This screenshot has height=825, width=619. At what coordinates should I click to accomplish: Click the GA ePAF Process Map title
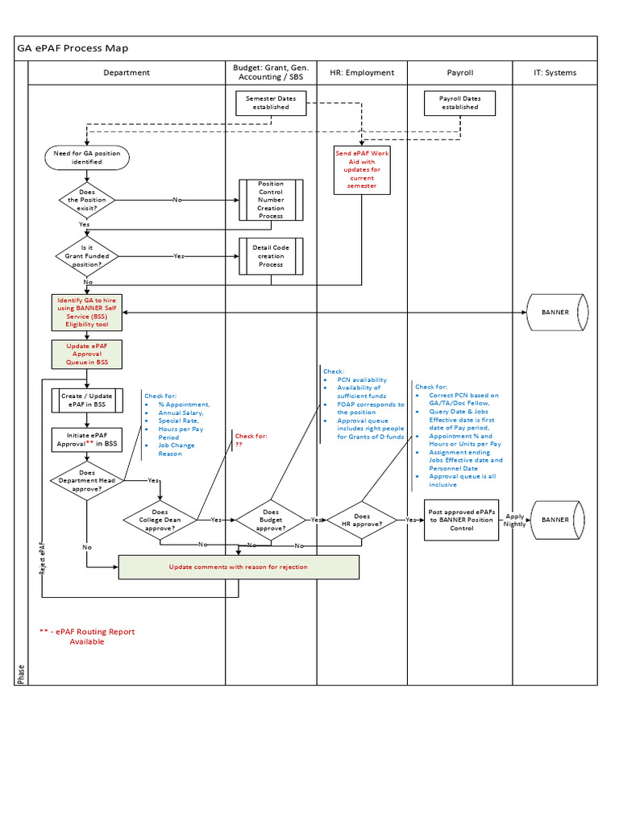73,48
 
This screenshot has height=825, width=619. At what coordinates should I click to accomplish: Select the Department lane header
127,73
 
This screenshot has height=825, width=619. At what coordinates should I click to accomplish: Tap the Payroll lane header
459,73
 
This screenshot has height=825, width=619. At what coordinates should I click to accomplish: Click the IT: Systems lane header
555,73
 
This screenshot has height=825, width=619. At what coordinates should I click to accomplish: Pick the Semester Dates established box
271,102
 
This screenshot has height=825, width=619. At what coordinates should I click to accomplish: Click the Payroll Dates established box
459,102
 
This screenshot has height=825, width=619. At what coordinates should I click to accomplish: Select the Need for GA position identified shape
87,157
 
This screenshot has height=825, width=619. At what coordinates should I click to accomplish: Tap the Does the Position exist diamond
88,200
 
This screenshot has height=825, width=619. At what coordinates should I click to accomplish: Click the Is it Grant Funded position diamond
88,256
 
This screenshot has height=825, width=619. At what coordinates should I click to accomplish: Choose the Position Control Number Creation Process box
271,200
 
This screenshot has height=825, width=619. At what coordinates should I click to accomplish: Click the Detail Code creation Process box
271,256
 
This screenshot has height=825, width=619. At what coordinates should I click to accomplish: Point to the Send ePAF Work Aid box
361,170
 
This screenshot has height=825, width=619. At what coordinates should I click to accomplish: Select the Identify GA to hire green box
87,312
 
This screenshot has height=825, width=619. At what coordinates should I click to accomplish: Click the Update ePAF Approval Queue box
87,354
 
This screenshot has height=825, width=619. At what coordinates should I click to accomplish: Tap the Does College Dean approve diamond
160,520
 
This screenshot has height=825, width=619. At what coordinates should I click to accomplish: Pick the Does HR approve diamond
362,520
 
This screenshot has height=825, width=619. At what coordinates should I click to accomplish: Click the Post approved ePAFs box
462,520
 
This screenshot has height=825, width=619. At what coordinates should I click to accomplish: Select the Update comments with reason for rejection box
239,566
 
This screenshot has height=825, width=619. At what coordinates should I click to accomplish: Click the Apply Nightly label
514,520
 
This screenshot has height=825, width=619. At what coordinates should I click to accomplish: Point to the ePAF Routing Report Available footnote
87,636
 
